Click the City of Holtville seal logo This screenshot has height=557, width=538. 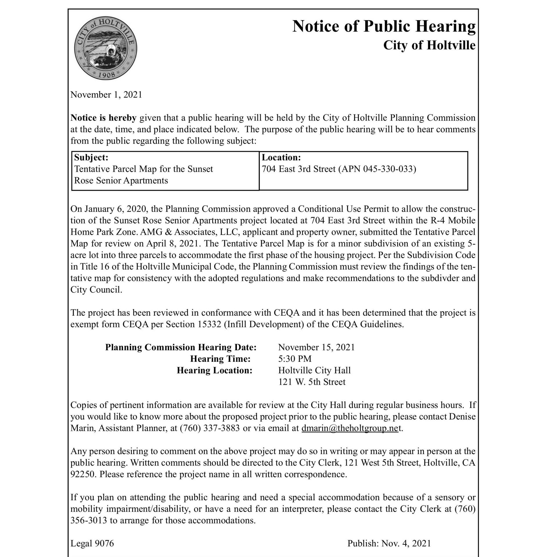tap(106, 48)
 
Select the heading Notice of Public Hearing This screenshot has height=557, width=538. tap(384, 26)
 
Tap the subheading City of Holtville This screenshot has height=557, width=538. tap(429, 46)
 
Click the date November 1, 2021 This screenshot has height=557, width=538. tap(106, 95)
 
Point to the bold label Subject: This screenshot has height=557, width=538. tap(91, 158)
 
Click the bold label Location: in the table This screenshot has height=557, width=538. tap(281, 158)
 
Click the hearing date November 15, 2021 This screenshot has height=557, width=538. tap(316, 348)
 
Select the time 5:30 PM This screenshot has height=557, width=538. tap(295, 359)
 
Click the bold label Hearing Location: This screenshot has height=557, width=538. tap(215, 370)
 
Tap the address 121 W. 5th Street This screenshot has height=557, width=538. tap(312, 382)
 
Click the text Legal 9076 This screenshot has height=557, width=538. tap(92, 543)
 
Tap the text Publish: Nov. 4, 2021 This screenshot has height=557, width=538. tap(389, 543)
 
